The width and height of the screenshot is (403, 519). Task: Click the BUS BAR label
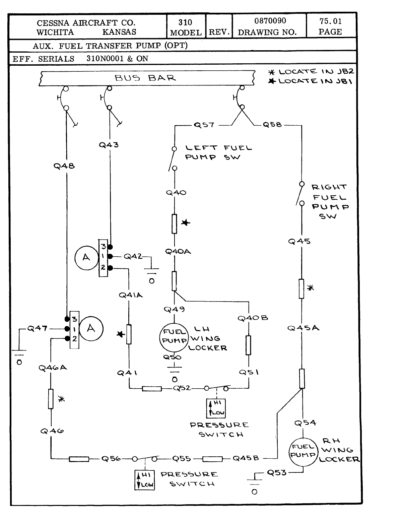pos(145,78)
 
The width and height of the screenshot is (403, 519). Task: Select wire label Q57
pos(204,125)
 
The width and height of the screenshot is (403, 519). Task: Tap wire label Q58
pos(272,125)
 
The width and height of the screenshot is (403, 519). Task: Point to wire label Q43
pos(109,145)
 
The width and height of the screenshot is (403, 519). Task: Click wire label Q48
pos(64,166)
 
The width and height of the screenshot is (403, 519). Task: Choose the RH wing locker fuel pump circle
pos(303,451)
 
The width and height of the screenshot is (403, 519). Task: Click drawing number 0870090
pos(270,21)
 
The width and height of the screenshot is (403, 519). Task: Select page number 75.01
pos(330,21)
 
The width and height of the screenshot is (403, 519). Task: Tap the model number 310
pos(185,22)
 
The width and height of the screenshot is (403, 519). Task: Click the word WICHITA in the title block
pos(55,32)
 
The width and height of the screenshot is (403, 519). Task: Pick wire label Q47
pos(37,328)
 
